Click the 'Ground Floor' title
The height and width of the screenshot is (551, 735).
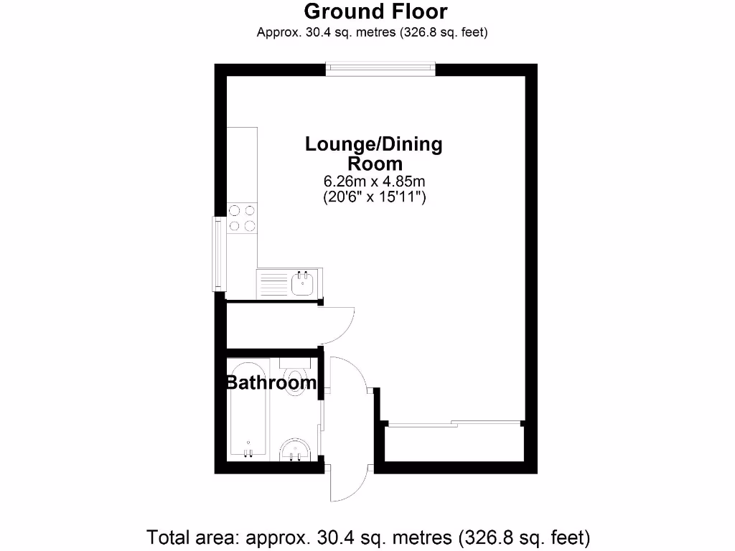(375, 11)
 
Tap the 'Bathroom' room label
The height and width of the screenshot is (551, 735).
(271, 383)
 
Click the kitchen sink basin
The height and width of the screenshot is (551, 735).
(303, 283)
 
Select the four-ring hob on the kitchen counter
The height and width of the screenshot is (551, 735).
(242, 218)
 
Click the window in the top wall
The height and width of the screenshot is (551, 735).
(380, 68)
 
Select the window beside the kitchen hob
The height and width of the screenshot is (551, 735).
(217, 254)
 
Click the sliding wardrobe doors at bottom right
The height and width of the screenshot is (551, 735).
(452, 424)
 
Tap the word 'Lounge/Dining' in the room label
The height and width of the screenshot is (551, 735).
(374, 144)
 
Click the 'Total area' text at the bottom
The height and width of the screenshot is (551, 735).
(368, 537)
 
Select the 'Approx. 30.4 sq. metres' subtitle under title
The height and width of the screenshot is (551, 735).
(373, 32)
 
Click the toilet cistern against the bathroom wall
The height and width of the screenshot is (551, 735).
(294, 363)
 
